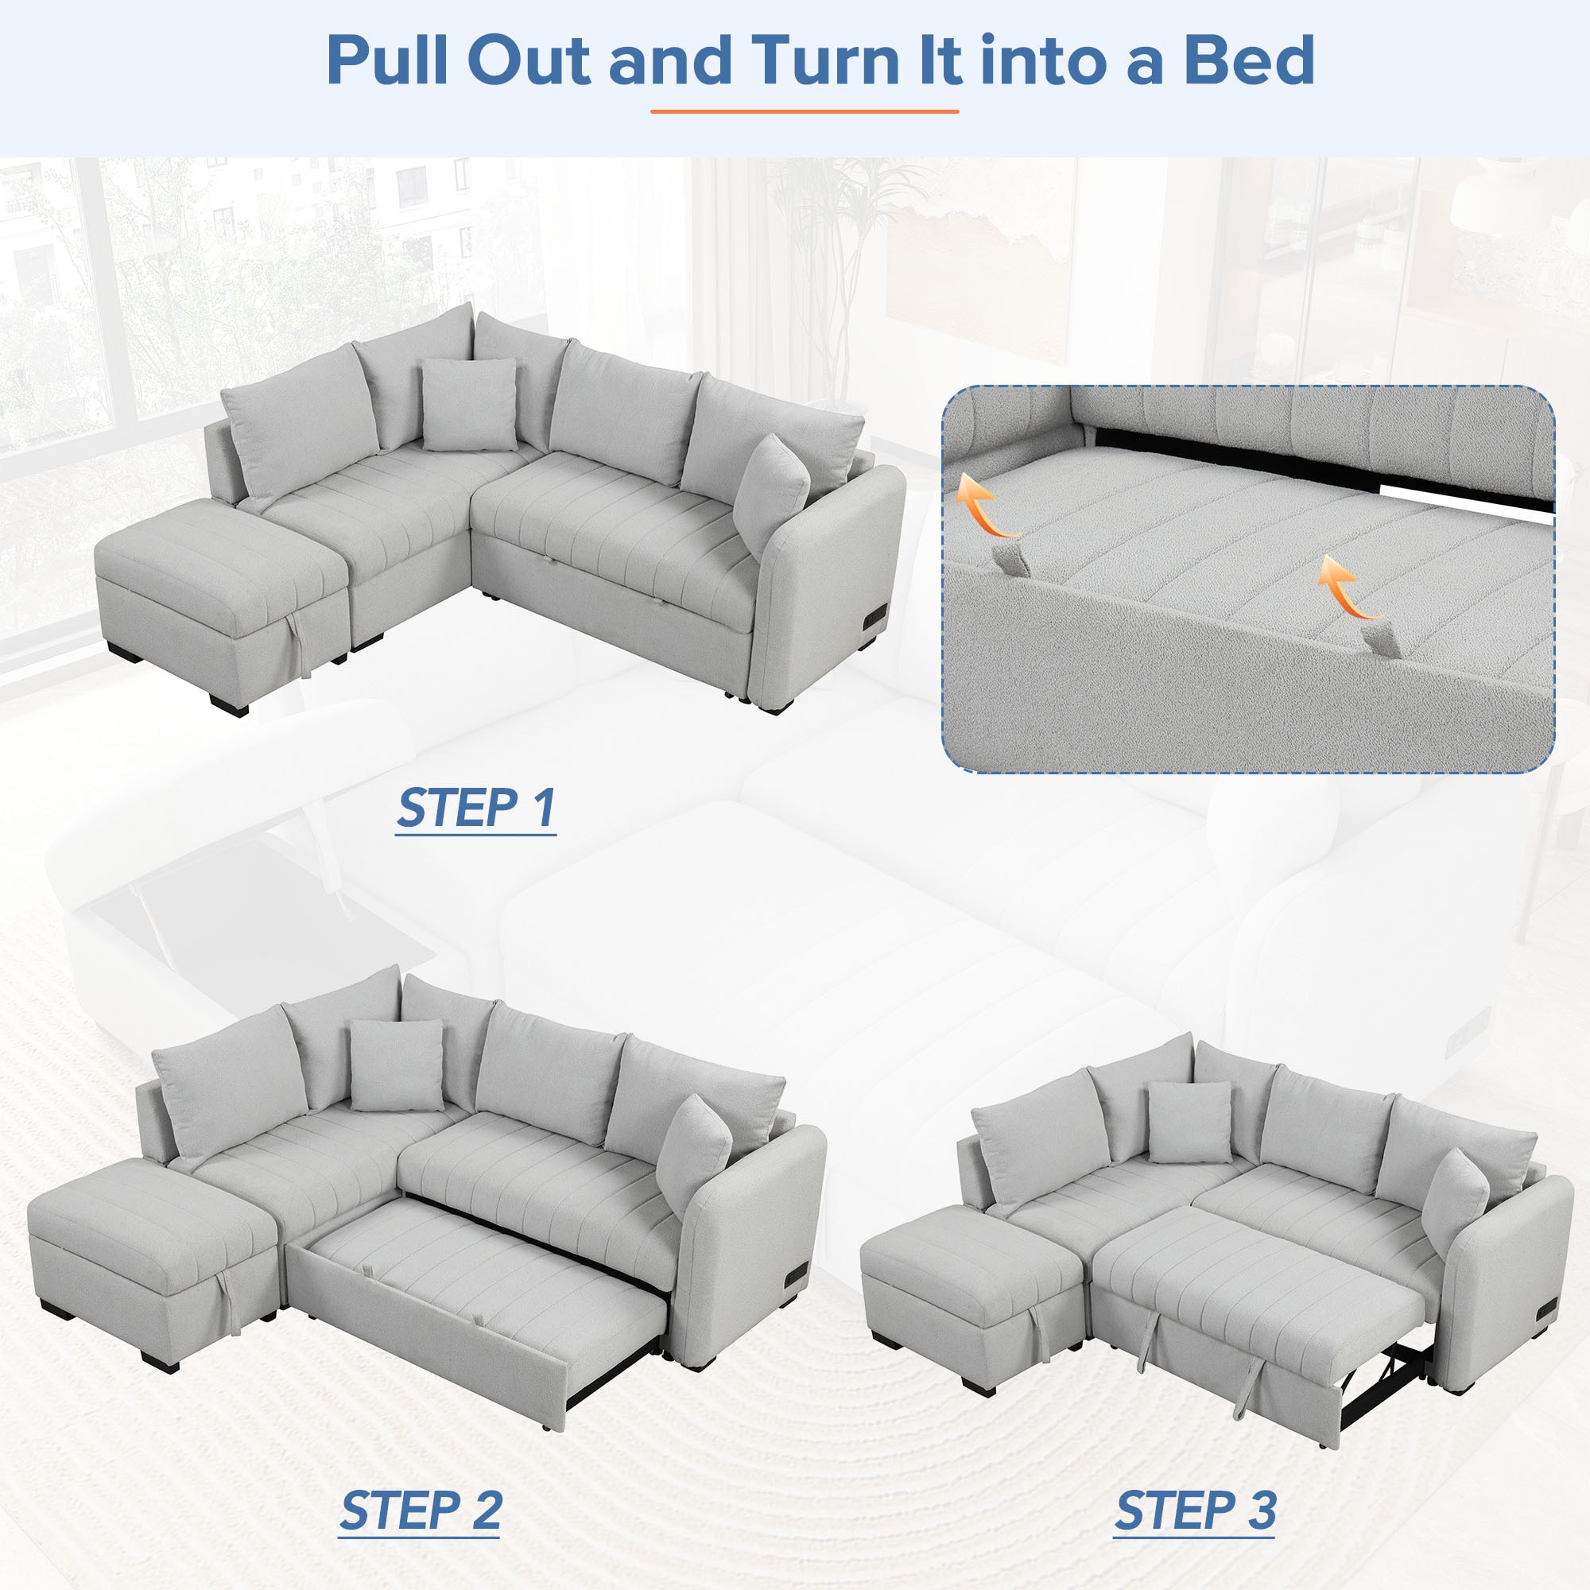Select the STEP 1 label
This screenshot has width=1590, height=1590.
(475, 809)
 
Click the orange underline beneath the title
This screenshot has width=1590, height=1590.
(804, 111)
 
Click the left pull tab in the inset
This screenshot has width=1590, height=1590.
(1010, 560)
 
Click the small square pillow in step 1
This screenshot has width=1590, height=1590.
(469, 405)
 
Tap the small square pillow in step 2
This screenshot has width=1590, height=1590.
(397, 1066)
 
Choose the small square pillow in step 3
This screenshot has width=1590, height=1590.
(1189, 1123)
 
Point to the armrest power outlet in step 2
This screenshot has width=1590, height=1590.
(797, 1278)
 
